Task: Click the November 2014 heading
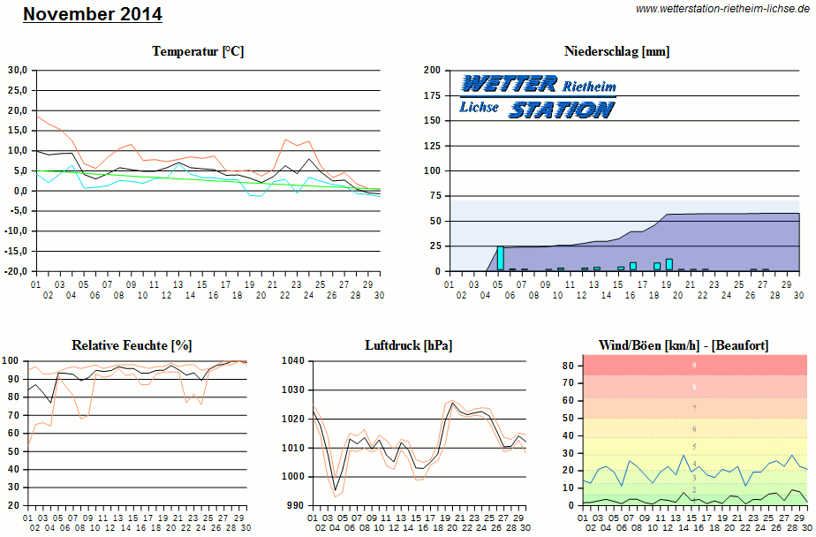[x=93, y=14]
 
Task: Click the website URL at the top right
[x=722, y=9]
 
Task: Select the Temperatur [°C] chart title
[x=198, y=51]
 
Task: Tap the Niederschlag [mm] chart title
[x=616, y=51]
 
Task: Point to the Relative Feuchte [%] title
[x=132, y=344]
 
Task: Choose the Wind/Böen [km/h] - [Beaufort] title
[x=683, y=344]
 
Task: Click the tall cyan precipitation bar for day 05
[x=500, y=258]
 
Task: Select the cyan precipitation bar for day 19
[x=669, y=264]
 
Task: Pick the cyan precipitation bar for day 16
[x=633, y=266]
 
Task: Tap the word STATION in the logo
[x=562, y=110]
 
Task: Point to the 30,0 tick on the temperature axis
[x=18, y=70]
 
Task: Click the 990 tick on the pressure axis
[x=295, y=505]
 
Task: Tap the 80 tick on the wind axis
[x=570, y=366]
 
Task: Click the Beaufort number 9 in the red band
[x=694, y=366]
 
